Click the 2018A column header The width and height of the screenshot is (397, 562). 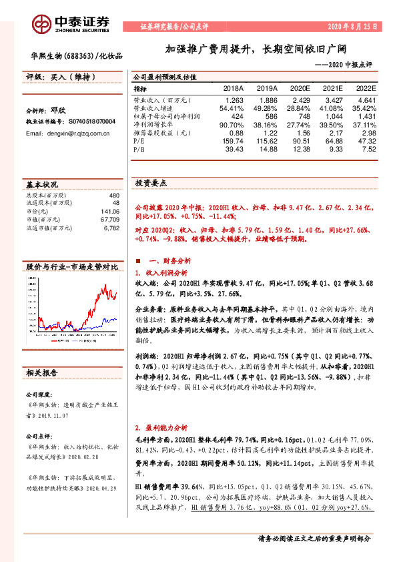[x=233, y=88]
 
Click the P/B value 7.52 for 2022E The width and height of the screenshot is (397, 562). [x=368, y=150]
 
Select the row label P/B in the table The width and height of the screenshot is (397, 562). [x=139, y=150]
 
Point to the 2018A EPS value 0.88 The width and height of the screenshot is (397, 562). [x=236, y=132]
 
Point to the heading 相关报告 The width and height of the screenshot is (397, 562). [x=41, y=372]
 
